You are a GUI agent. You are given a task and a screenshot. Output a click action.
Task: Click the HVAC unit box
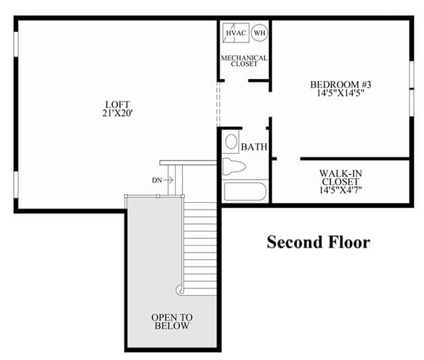coord(236,33)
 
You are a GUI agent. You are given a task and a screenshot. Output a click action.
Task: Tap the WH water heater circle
coord(260,33)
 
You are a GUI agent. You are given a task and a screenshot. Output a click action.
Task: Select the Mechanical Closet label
coord(244,61)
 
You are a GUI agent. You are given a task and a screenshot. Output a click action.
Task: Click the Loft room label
coord(118,104)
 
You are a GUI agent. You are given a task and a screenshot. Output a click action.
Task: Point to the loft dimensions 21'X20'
coord(118,113)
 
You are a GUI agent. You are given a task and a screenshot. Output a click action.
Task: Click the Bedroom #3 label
coord(341,85)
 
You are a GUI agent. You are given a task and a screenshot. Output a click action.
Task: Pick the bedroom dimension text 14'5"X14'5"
coord(341,93)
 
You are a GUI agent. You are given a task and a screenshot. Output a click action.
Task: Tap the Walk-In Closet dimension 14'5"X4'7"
coord(341,190)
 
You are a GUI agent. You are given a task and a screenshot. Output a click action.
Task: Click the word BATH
coord(254,147)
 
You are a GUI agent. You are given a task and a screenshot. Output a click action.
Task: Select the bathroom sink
coord(231,142)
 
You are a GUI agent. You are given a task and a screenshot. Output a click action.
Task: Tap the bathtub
coord(244,192)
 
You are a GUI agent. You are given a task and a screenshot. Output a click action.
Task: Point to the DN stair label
coord(157,180)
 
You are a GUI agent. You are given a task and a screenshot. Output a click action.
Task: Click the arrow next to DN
coord(168,180)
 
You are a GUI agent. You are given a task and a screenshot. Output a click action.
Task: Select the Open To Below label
coord(172,322)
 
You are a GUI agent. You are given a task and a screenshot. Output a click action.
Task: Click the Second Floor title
coord(319,242)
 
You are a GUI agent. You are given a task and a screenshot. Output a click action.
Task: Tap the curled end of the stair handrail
coord(180,290)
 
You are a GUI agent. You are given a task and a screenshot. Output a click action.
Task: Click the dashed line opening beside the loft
coord(219,104)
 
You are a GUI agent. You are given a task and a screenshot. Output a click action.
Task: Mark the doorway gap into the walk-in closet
coord(289,158)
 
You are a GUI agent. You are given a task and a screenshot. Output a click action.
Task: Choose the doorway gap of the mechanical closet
coord(237,80)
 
